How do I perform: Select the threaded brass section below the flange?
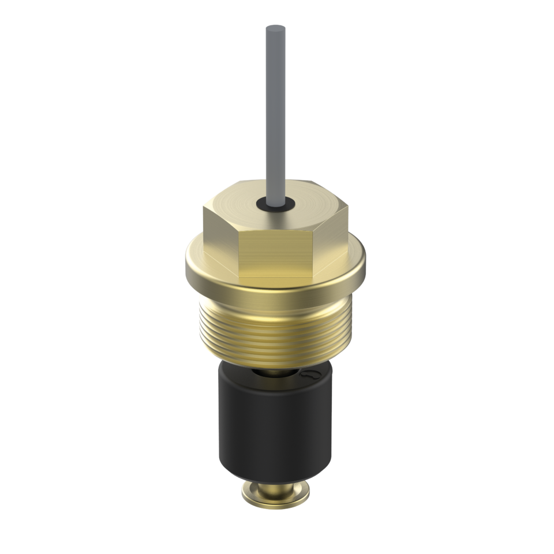click(x=276, y=329)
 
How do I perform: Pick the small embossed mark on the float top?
click(x=310, y=375)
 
